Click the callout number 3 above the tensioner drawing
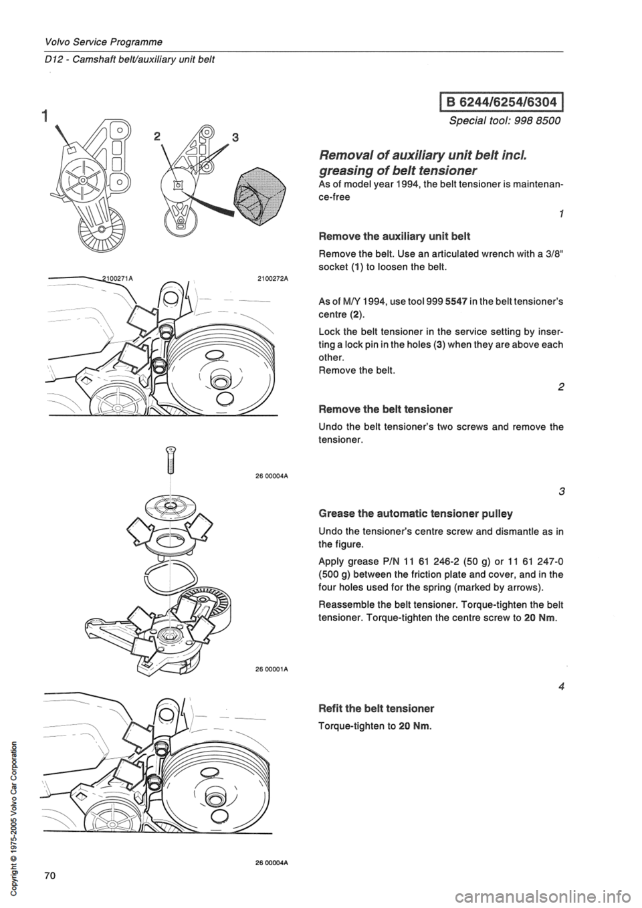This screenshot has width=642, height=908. coord(216,136)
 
